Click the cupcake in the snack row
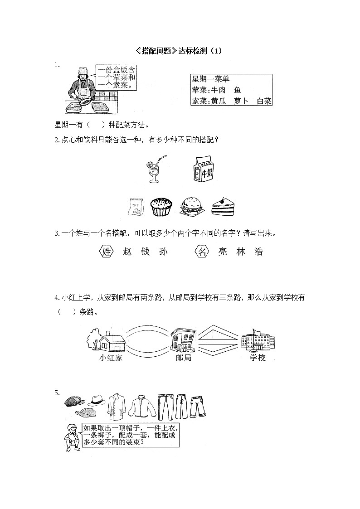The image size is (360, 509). click(x=162, y=207)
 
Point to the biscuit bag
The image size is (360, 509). click(x=135, y=206)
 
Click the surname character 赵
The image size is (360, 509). click(x=127, y=252)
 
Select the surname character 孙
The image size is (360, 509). click(x=164, y=252)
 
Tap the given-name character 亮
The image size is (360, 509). click(x=223, y=252)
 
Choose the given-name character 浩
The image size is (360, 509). click(x=259, y=252)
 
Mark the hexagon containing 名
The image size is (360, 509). click(x=201, y=252)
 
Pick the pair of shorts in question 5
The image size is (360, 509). click(x=198, y=406)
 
